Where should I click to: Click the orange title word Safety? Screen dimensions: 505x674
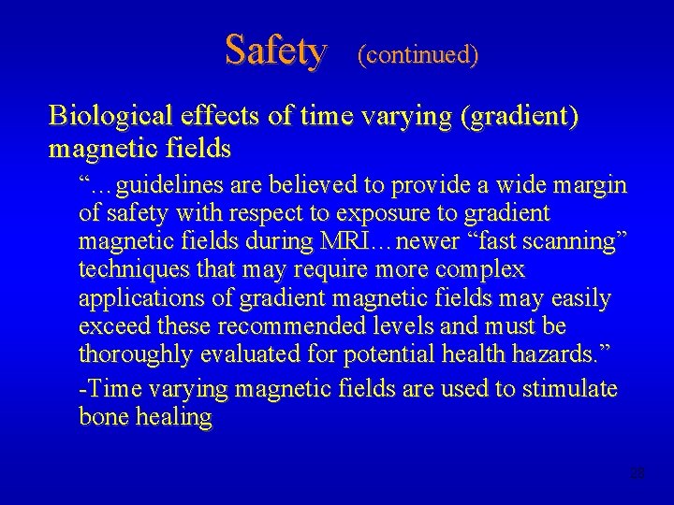[275, 50]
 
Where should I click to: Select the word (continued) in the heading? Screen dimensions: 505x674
[418, 55]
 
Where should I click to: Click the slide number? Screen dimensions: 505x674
[637, 473]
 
